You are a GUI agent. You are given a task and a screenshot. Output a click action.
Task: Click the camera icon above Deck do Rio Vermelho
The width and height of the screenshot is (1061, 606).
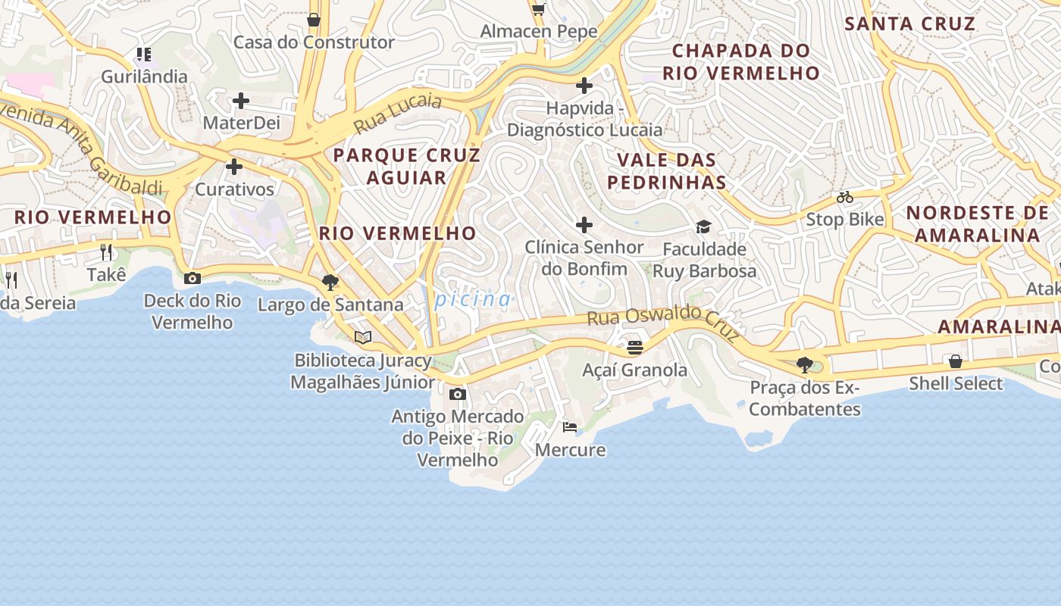click(192, 278)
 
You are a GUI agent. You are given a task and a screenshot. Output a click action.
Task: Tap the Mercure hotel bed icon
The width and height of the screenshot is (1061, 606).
click(570, 427)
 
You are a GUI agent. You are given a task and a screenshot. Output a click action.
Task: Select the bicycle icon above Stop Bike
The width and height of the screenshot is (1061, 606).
click(845, 197)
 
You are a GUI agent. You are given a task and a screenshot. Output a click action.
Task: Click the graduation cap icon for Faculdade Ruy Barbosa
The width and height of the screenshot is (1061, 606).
click(704, 226)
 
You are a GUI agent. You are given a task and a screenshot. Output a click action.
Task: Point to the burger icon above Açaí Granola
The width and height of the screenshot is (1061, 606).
click(635, 348)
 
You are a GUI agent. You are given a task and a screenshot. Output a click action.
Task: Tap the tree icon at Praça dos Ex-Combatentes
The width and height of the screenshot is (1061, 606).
click(805, 365)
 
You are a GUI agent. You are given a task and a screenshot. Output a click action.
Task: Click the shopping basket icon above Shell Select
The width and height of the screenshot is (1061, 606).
click(956, 361)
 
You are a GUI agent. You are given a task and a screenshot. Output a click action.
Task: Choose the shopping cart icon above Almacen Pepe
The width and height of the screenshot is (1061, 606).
click(538, 9)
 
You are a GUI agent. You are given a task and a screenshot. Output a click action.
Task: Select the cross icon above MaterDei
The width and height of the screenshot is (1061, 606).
click(241, 100)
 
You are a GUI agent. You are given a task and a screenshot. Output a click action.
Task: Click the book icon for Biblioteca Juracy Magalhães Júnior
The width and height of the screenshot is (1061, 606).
click(363, 337)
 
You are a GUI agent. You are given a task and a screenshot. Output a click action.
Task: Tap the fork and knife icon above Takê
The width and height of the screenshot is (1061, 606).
click(106, 252)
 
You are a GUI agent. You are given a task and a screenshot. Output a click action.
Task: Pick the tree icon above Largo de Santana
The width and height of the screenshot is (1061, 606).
click(330, 283)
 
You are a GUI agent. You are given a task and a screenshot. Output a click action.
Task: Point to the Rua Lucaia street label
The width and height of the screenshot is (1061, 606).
click(397, 111)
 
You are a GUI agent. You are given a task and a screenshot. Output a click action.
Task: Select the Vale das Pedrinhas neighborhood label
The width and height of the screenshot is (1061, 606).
click(667, 171)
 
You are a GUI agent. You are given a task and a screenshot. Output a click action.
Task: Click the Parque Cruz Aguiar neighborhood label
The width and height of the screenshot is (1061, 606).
click(407, 166)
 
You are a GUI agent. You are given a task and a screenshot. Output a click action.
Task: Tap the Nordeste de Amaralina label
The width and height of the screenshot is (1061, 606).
click(978, 223)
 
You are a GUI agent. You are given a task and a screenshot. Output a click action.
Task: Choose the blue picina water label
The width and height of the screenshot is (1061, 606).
click(473, 299)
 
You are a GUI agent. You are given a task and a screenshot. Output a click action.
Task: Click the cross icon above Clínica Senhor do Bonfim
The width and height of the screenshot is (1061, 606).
click(584, 225)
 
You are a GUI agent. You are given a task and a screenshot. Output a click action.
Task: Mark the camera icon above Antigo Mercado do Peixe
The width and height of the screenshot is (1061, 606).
click(458, 395)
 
